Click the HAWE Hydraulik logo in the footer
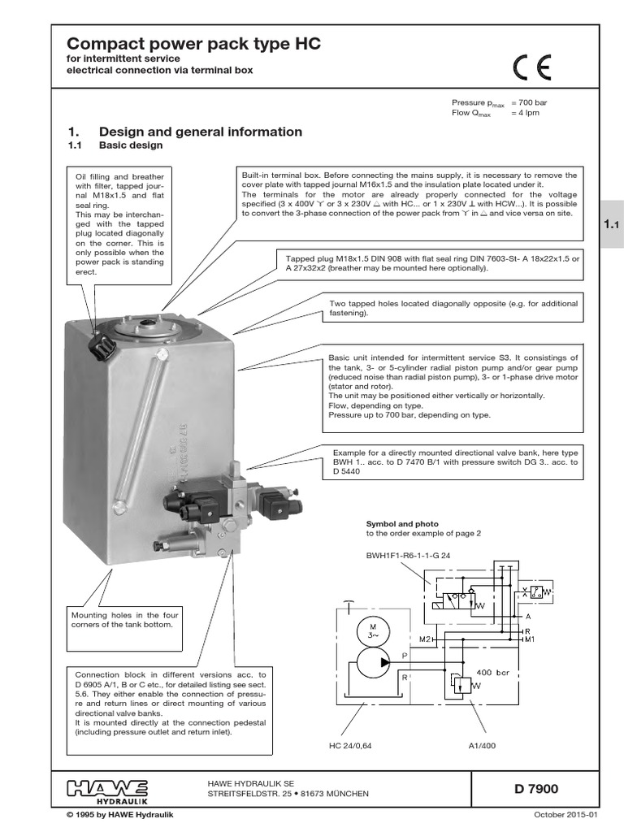click(106, 787)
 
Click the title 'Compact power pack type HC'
click(193, 45)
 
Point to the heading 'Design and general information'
click(200, 132)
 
